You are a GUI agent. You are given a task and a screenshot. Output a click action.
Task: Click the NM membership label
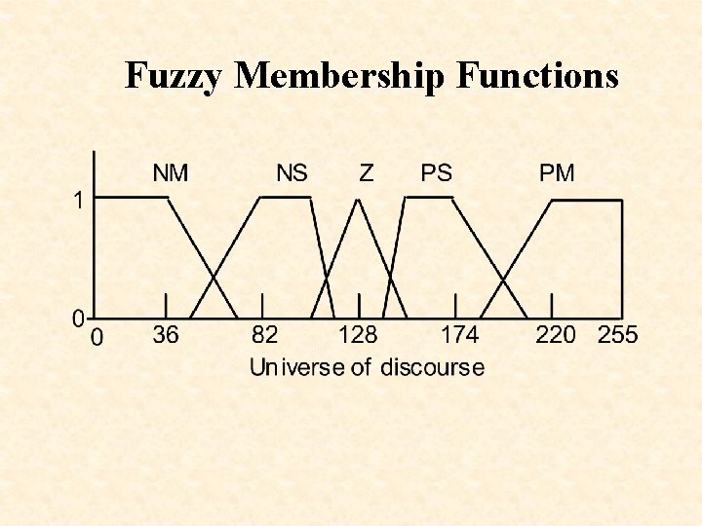(x=171, y=173)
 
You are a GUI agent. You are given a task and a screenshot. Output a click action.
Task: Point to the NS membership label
(x=292, y=173)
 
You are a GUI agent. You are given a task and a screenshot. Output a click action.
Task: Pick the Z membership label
(x=366, y=173)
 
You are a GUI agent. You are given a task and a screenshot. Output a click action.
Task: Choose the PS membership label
(x=436, y=173)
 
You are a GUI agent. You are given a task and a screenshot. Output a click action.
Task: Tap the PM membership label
(x=557, y=173)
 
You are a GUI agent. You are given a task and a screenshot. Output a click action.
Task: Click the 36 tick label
(x=166, y=335)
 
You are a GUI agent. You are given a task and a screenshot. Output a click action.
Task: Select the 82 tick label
(x=264, y=335)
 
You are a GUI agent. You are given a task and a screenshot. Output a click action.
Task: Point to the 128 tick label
(x=358, y=335)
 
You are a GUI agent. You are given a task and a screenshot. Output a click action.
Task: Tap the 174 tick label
(x=460, y=335)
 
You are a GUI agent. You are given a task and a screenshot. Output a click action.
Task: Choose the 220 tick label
(x=556, y=335)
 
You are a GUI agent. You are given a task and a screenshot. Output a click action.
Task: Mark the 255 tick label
(x=617, y=335)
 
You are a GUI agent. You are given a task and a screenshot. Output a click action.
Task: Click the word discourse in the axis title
(x=432, y=367)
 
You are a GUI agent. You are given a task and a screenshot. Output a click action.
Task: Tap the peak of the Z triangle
(x=359, y=200)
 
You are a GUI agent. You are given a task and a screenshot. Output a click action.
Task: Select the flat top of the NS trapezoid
(x=286, y=197)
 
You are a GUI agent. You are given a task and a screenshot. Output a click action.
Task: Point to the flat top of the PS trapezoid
(x=429, y=197)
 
